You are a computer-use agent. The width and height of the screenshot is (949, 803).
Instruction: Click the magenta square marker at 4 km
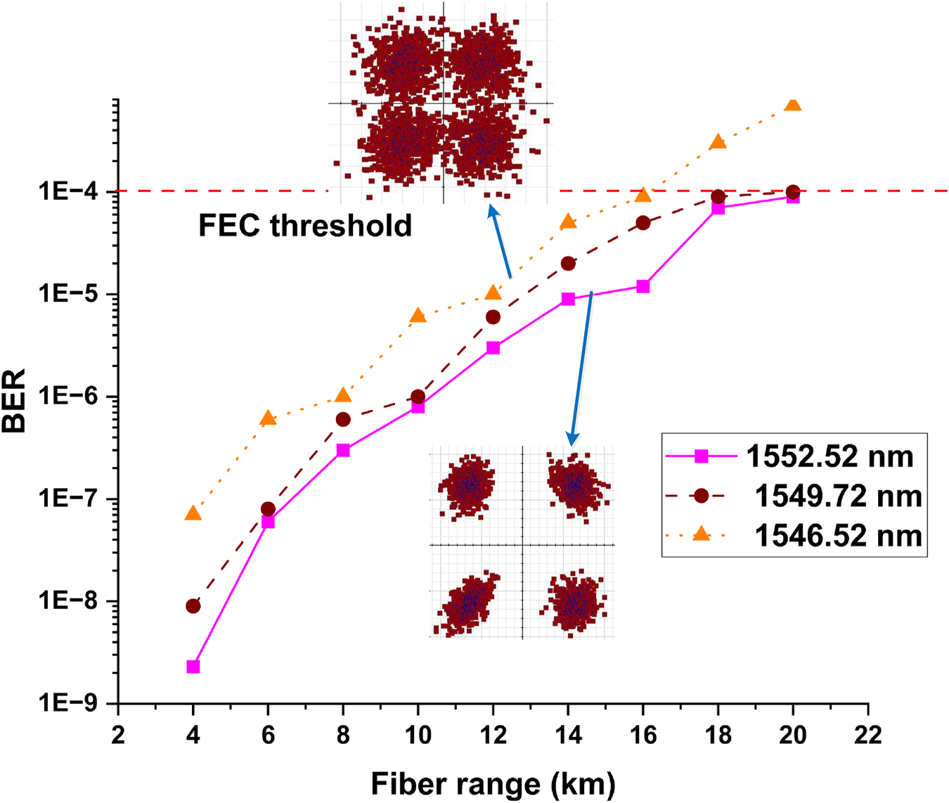(193, 667)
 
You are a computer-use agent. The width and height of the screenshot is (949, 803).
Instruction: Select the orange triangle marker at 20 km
(793, 104)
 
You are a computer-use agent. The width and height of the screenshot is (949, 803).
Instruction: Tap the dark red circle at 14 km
(568, 264)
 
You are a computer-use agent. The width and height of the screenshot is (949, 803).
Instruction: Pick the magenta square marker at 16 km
(643, 286)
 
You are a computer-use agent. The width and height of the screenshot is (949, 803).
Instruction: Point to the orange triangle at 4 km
(193, 514)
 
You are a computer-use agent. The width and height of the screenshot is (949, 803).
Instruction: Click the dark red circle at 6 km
(268, 508)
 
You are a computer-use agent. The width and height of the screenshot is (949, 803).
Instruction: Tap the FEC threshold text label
(305, 226)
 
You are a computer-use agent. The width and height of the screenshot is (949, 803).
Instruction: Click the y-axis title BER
(14, 401)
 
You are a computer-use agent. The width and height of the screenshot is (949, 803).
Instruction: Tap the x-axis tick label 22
(867, 735)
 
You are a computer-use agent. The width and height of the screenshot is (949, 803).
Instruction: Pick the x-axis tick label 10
(418, 735)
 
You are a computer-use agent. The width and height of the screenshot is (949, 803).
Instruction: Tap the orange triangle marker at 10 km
(418, 316)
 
